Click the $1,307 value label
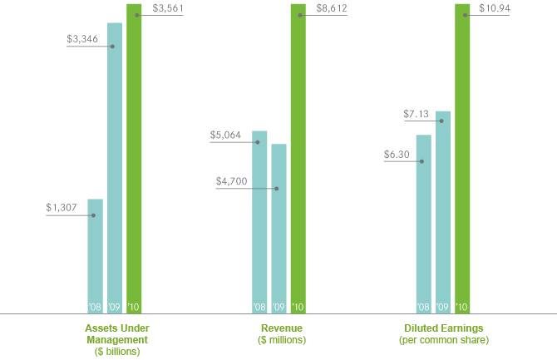coord(61,208)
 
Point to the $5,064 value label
coord(229,135)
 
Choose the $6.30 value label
coord(397,154)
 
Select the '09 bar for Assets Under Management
coord(115,166)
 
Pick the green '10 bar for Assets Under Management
coord(134,158)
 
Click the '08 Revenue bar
coord(259,221)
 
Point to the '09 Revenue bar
coord(278,228)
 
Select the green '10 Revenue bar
coord(298,158)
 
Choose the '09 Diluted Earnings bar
coord(443,211)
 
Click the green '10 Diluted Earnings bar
coord(462,158)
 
